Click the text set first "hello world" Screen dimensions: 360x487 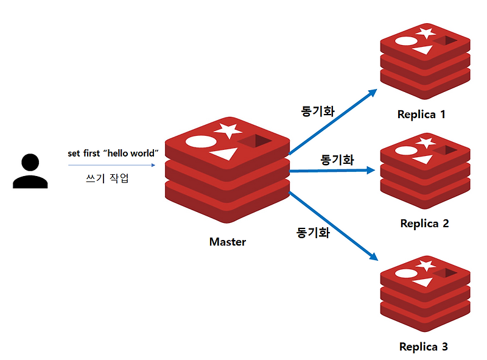tap(113, 153)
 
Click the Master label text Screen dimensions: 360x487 tap(228, 242)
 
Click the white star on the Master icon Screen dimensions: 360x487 tap(228, 129)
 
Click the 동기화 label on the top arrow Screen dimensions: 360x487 tap(318, 111)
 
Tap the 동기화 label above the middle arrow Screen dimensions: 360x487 tap(337, 160)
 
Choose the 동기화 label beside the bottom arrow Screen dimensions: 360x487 tap(313, 232)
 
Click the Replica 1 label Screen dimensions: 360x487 tap(421, 114)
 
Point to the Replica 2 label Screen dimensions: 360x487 tap(424, 224)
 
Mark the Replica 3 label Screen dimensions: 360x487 tap(424, 347)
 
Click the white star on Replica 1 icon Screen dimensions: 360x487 tap(426, 32)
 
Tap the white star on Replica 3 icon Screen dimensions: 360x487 tap(426, 265)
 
